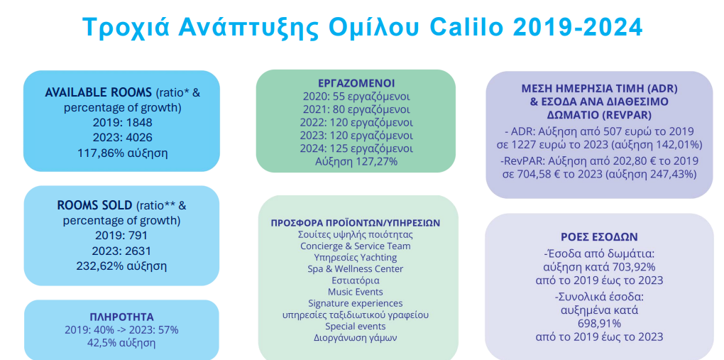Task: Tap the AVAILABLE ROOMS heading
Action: pos(99,92)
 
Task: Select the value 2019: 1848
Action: pos(122,122)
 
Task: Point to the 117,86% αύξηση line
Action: pos(122,153)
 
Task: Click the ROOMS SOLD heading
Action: pos(94,205)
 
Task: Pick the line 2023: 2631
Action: pos(121,251)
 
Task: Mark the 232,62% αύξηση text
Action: pos(121,266)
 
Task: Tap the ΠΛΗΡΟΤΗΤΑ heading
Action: pos(121,317)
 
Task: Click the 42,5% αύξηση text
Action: pos(121,343)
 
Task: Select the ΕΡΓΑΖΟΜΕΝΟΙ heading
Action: pos(356,83)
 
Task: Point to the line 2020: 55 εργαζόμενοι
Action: pos(356,97)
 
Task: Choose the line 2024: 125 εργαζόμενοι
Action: pos(356,149)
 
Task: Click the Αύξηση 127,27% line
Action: pos(356,162)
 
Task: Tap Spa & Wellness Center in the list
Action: pos(356,268)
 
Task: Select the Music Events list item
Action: pos(356,292)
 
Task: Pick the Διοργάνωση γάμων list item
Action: pos(356,337)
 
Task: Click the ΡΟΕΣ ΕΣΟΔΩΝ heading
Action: pos(599,237)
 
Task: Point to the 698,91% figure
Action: pos(599,322)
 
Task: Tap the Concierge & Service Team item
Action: pos(356,246)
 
